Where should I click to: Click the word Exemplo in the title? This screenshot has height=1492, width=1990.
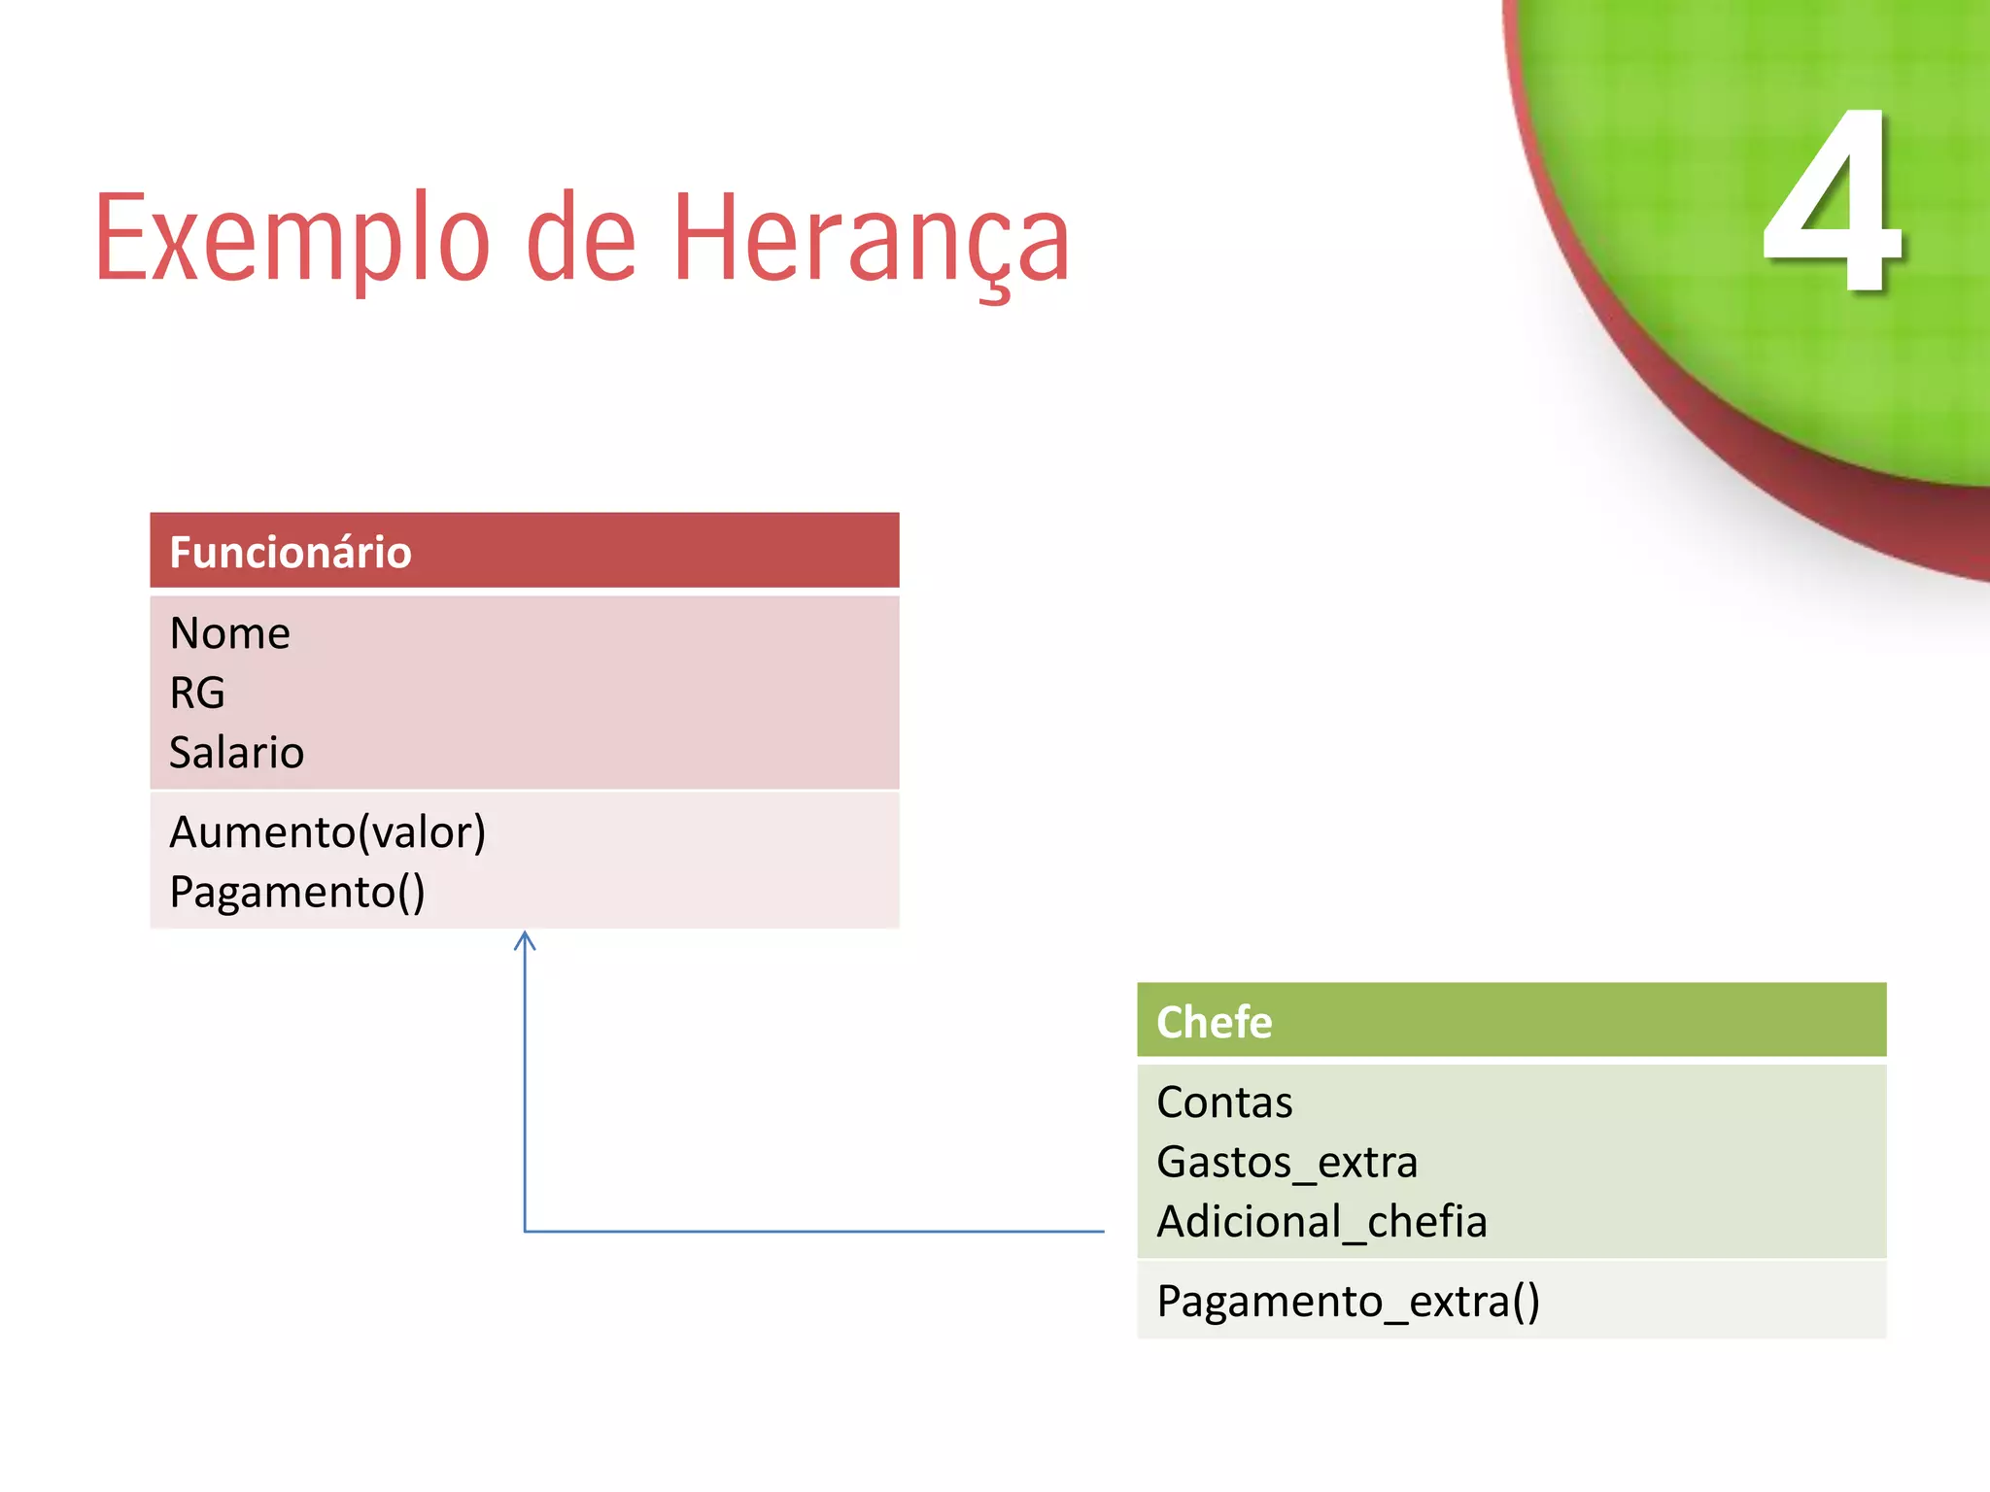tap(292, 238)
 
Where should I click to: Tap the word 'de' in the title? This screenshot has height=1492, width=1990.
tap(580, 238)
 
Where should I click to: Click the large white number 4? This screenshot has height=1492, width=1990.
tap(1832, 204)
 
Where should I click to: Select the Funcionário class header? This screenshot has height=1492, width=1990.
tap(291, 552)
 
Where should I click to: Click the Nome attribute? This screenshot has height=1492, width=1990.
tap(230, 633)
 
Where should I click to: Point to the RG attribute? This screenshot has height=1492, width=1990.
tap(197, 694)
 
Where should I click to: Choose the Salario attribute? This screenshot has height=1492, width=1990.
tap(237, 753)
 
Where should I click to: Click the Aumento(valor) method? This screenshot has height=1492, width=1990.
tap(327, 832)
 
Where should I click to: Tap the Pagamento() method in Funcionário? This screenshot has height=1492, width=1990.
tap(297, 892)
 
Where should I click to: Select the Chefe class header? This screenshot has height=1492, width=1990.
tap(1215, 1022)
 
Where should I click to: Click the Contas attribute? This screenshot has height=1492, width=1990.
tap(1224, 1102)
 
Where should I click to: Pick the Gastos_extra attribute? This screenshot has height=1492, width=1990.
tap(1287, 1163)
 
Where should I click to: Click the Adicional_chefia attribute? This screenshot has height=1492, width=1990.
tap(1321, 1222)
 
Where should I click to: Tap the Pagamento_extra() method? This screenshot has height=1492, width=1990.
tap(1349, 1302)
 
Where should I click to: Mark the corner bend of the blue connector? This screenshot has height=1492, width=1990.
tap(526, 1231)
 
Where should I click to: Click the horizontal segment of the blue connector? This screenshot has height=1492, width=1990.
tap(816, 1231)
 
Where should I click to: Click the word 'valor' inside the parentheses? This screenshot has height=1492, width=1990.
tap(422, 832)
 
